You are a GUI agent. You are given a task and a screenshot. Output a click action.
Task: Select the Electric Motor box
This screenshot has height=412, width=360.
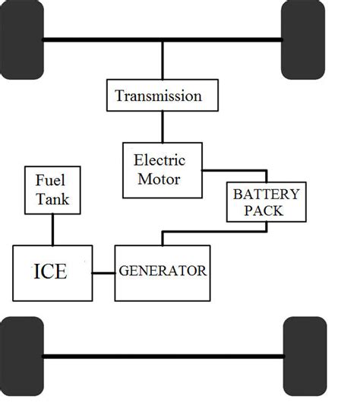(163, 170)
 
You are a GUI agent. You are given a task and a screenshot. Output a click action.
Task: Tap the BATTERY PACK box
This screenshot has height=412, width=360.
(266, 201)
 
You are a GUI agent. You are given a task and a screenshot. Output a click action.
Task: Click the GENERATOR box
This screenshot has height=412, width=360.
(162, 271)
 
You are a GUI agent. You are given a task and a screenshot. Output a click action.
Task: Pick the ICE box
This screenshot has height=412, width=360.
(52, 271)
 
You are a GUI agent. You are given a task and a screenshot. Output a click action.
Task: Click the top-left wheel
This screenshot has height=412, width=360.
(21, 40)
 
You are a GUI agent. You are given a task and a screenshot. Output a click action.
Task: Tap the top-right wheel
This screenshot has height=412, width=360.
(304, 40)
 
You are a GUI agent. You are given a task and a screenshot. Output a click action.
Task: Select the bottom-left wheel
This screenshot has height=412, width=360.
(21, 355)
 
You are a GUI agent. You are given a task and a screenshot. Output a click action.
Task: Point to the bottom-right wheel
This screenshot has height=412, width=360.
(304, 355)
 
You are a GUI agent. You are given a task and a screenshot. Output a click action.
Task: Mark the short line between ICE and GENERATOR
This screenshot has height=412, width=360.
(103, 272)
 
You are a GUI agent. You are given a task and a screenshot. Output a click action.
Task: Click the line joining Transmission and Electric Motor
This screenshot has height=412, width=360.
(162, 125)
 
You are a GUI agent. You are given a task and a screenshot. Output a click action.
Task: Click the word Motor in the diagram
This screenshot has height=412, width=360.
(159, 179)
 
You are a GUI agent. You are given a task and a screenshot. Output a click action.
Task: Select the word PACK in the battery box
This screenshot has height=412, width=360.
(266, 211)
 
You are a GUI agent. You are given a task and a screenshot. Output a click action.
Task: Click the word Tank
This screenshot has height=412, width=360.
(52, 199)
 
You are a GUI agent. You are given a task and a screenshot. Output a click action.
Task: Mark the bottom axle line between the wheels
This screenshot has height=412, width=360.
(163, 355)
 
